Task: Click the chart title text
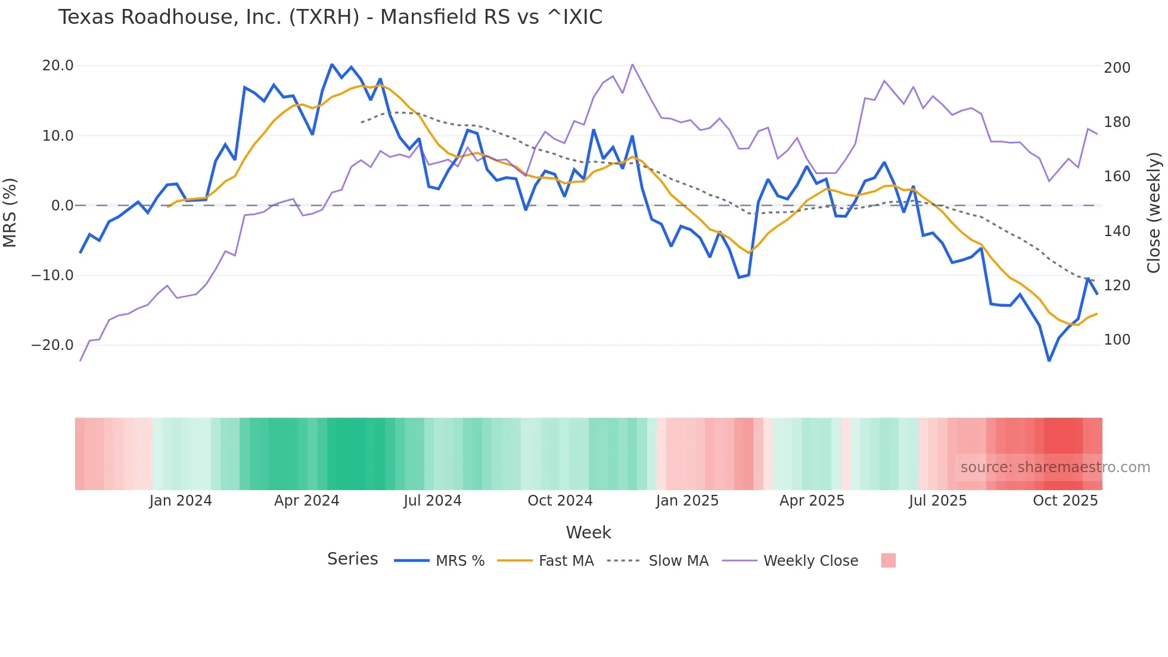click(330, 17)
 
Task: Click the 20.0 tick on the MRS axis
click(58, 66)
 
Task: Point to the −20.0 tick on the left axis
click(53, 345)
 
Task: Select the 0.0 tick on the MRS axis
click(62, 206)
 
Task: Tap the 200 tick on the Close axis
click(1117, 68)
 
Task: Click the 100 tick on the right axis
click(1117, 340)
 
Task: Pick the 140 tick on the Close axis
click(1117, 231)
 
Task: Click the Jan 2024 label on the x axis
click(181, 501)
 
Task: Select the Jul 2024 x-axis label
click(433, 501)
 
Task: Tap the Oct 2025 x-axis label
click(1065, 501)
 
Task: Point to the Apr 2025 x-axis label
click(812, 501)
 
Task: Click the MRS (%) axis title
click(10, 212)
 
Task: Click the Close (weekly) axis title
click(1154, 213)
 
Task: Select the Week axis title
click(588, 532)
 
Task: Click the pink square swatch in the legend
click(888, 560)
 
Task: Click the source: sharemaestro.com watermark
click(1055, 467)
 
